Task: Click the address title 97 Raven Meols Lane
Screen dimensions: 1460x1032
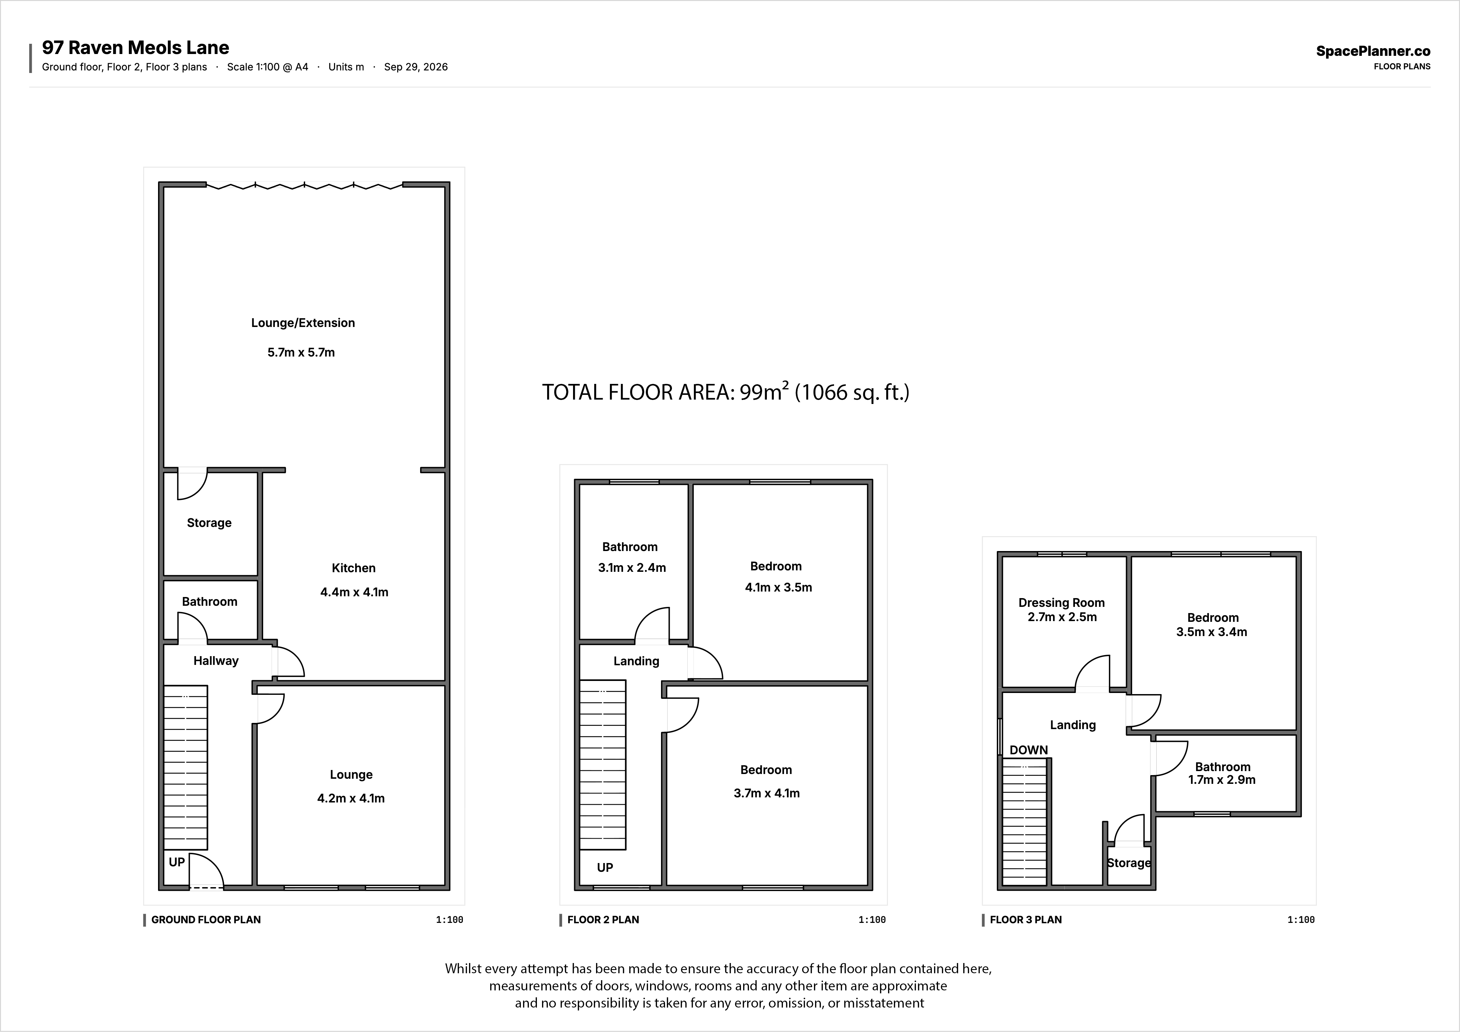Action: coord(135,48)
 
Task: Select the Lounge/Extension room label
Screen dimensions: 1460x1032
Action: coord(303,323)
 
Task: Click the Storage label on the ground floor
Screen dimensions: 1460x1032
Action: coord(209,523)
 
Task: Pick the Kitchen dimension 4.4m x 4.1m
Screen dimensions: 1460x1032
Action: coord(354,592)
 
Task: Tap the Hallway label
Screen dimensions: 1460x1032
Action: coord(216,661)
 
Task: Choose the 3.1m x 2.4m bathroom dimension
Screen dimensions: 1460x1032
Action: coord(632,568)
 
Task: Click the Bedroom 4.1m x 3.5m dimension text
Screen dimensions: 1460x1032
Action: coord(778,588)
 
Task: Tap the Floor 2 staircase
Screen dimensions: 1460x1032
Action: coord(603,765)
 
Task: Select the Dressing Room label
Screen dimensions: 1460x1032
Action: coord(1061,603)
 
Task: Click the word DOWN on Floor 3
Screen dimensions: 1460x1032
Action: coord(1029,750)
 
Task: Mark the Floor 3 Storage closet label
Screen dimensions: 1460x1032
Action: coord(1129,863)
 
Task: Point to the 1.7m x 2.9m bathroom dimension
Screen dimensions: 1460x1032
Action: coord(1222,779)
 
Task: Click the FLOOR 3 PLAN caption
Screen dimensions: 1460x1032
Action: coord(1026,920)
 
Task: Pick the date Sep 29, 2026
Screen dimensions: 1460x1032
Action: coord(416,67)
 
